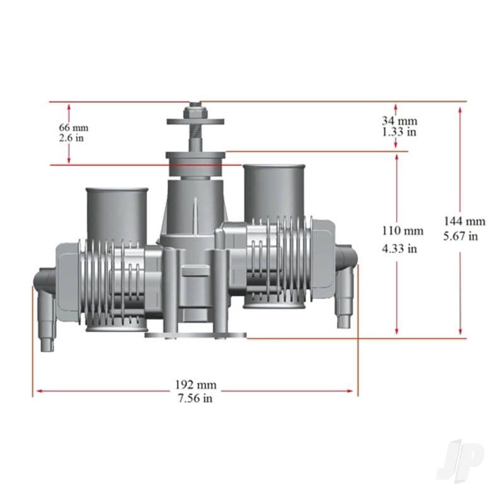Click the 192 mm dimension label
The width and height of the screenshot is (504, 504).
195,385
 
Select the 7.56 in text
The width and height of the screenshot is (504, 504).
195,398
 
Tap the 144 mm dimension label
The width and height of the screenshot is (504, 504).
464,221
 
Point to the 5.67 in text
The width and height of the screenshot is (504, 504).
461,236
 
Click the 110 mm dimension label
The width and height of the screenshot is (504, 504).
403,231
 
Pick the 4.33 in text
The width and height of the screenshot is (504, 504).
399,248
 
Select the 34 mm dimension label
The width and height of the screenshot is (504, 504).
399,120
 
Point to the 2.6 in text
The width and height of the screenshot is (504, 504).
71,138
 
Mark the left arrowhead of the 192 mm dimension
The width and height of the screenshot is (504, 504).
37,391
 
